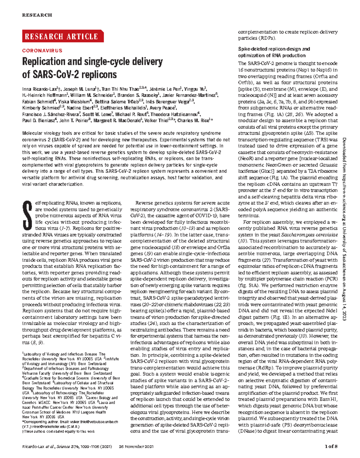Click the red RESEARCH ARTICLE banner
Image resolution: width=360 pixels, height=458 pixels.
click(62, 36)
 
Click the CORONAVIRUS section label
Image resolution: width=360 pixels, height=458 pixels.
click(42, 51)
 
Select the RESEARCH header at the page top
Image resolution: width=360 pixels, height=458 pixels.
click(37, 15)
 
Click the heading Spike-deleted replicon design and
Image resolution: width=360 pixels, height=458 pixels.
click(274, 49)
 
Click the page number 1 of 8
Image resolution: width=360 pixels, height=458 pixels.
click(331, 446)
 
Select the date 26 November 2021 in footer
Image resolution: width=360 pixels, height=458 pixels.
click(136, 447)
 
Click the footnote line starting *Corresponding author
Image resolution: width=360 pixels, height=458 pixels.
click(70, 422)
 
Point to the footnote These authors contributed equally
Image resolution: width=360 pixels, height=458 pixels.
click(58, 431)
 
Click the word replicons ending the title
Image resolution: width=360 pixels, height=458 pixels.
click(100, 74)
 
